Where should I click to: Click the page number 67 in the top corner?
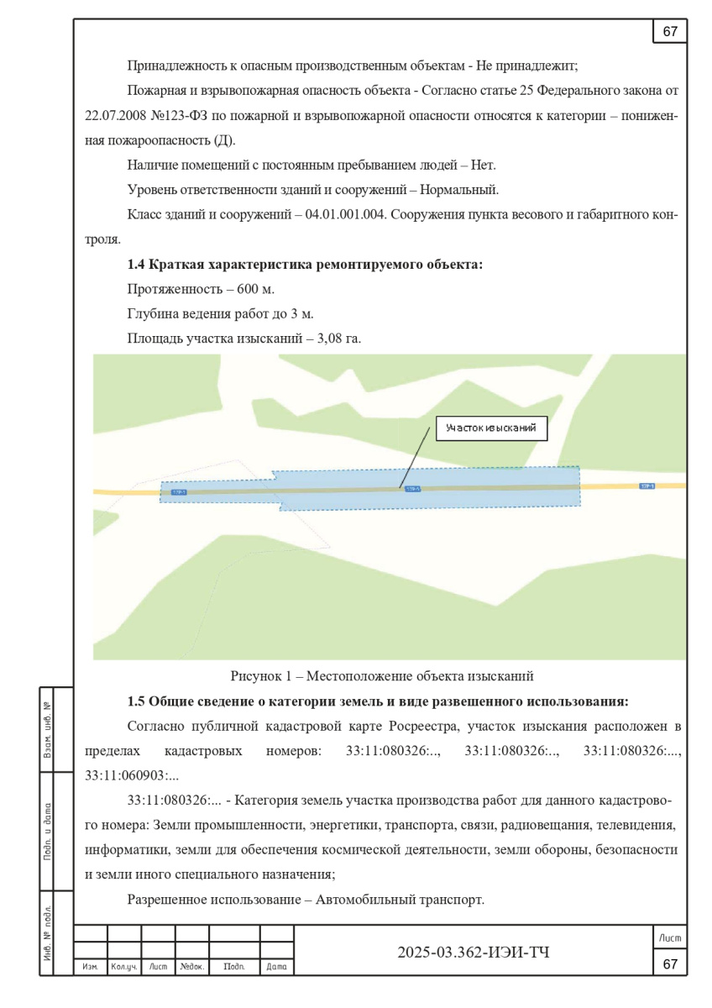pos(670,32)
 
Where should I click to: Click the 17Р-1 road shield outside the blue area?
pos(647,486)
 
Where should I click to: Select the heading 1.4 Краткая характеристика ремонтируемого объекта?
pos(305,265)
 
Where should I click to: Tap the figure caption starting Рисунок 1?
pos(382,675)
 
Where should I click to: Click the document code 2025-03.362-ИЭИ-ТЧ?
pos(474,952)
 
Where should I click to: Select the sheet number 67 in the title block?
pos(670,963)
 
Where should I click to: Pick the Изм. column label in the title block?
pos(90,967)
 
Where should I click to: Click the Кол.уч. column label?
pos(123,967)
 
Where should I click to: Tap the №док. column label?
pos(191,967)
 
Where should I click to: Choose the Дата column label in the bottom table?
pos(276,967)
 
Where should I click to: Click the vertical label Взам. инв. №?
pos(47,729)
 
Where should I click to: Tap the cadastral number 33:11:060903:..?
pos(128,774)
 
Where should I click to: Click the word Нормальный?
pos(469,189)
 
